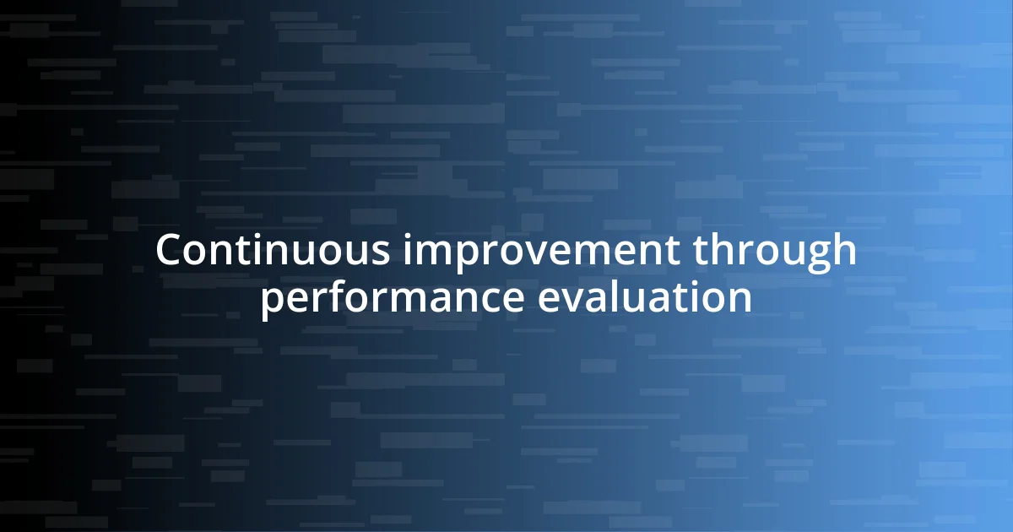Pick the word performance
pos(392,300)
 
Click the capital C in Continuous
pos(170,251)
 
